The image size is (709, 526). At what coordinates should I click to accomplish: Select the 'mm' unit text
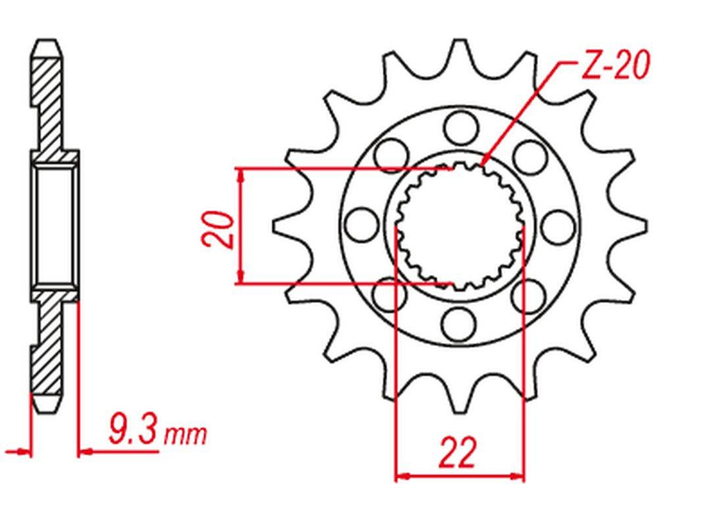(185, 435)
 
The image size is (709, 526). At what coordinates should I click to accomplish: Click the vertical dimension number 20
(218, 229)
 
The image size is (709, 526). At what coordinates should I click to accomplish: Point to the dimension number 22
(458, 452)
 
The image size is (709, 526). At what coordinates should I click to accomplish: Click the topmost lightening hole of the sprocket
(460, 128)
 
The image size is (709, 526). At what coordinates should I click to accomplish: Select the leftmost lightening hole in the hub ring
(362, 226)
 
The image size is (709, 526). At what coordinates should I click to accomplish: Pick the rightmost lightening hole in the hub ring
(558, 226)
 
